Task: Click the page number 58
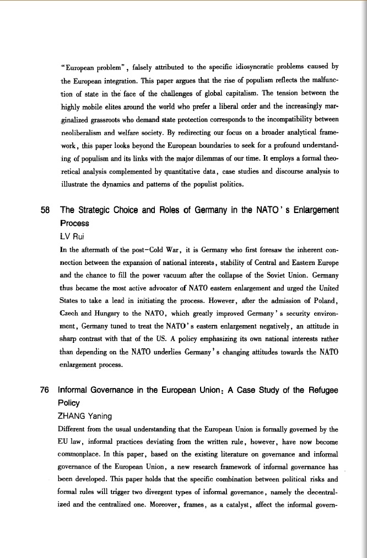pyautogui.click(x=46, y=210)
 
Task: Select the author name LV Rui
pyautogui.click(x=70, y=237)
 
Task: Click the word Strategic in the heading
pyautogui.click(x=99, y=210)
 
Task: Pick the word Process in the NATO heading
pyautogui.click(x=74, y=224)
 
